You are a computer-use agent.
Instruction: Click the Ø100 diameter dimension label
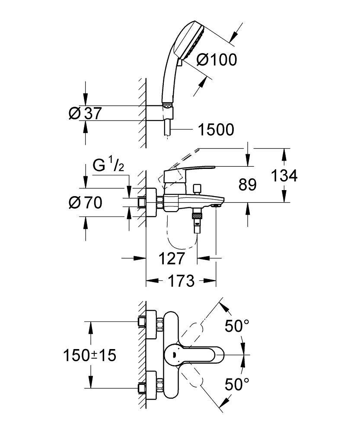[x=217, y=60]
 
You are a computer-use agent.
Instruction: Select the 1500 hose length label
[x=215, y=129]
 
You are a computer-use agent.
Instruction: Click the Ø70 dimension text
[x=85, y=202]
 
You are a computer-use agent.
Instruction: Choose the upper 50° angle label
[x=237, y=326]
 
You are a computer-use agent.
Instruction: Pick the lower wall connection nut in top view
[x=159, y=384]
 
